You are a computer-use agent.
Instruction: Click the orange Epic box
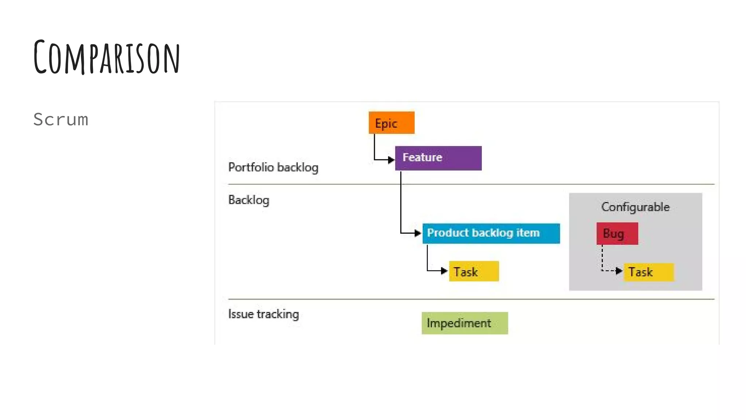(391, 123)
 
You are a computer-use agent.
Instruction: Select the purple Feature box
(438, 158)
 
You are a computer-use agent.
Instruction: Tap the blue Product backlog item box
(491, 233)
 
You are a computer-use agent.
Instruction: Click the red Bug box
(617, 233)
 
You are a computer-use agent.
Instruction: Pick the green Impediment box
(464, 323)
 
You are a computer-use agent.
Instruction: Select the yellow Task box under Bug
(649, 272)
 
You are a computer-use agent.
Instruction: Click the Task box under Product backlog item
(474, 272)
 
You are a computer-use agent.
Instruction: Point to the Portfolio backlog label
(273, 167)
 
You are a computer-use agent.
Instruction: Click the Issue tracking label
(263, 314)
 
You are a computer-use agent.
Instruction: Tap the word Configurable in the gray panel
(635, 207)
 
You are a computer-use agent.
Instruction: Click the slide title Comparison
(107, 57)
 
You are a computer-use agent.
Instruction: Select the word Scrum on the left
(61, 120)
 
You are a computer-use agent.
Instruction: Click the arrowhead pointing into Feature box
(391, 160)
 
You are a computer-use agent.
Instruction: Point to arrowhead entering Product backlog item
(418, 233)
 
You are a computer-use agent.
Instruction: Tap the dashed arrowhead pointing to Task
(619, 271)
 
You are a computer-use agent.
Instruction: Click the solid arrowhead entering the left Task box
(444, 271)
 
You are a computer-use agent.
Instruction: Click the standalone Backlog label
(249, 200)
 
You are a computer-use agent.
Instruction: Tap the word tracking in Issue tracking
(278, 314)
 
